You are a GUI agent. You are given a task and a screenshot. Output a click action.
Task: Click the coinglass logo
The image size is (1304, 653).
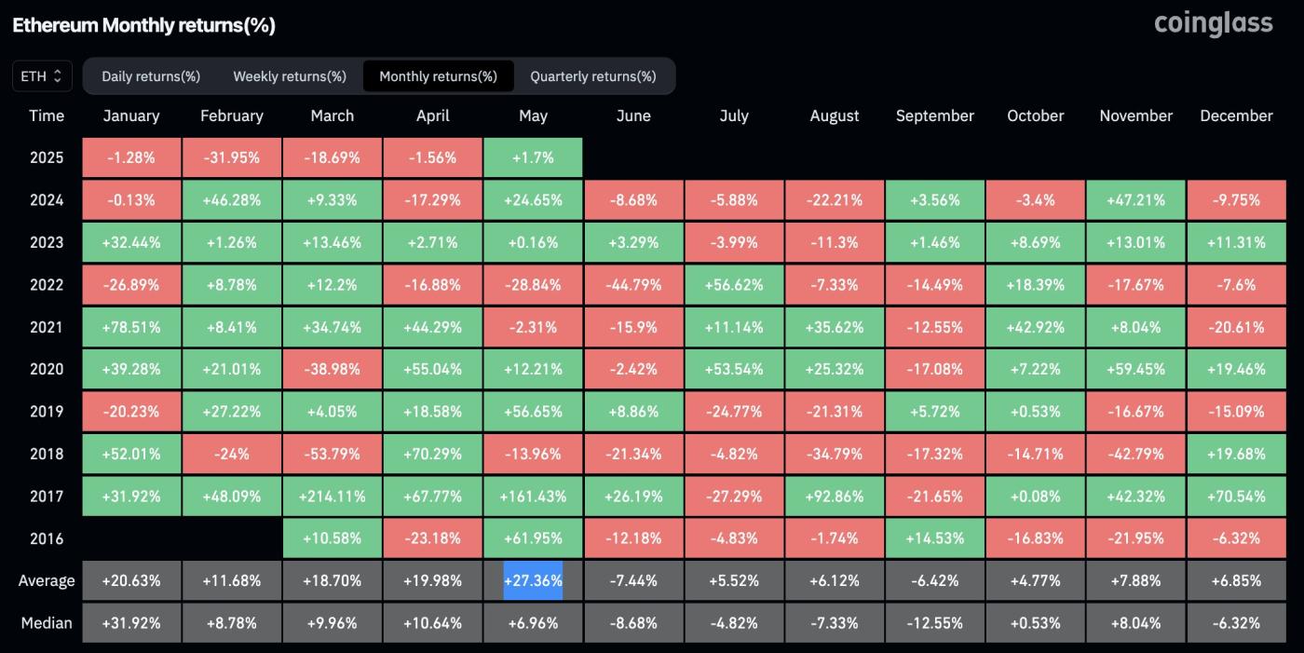coord(1213,23)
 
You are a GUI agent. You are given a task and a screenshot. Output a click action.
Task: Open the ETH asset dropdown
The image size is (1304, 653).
coord(42,76)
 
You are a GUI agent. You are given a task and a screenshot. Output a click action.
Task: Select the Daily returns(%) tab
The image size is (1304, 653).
coord(151,76)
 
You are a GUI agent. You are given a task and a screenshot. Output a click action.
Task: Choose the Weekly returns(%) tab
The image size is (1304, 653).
coord(290,76)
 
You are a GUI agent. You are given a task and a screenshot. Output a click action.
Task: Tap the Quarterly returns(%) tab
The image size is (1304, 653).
coord(593,76)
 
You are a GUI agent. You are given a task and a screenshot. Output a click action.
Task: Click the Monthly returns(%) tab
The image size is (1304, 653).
coord(438,76)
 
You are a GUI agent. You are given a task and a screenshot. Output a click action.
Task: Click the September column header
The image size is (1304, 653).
coord(934,116)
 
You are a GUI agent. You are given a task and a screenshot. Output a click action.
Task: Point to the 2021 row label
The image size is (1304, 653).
coord(47,327)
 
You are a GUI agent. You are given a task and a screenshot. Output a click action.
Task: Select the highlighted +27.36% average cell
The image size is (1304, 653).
coord(533,580)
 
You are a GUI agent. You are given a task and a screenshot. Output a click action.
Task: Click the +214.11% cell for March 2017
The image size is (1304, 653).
coord(333,497)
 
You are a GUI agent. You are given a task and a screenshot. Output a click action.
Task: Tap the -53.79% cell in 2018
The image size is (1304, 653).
coord(333,454)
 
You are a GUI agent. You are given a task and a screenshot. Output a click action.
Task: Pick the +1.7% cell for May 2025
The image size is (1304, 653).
coord(533,157)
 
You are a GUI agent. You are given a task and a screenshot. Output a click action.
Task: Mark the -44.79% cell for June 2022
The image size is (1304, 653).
coord(633,284)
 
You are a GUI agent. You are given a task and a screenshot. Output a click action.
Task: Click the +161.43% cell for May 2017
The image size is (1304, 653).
coord(533,497)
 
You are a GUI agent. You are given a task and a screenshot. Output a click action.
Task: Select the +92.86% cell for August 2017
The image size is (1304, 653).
coord(835,497)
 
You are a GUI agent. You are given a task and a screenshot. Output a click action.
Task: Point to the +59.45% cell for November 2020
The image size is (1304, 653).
coord(1135,369)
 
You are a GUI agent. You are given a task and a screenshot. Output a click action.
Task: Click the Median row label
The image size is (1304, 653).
coord(47,622)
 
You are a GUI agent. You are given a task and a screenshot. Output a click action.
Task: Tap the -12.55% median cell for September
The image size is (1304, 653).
coord(934,622)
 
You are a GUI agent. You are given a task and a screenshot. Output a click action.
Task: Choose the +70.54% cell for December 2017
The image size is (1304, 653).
coord(1236,497)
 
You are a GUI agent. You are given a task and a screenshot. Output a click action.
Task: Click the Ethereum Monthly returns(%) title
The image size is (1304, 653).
coord(143,25)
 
